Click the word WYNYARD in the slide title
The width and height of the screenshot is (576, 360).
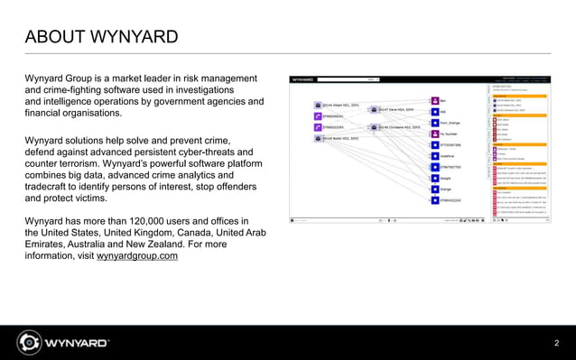(x=134, y=37)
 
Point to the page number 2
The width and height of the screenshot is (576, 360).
(x=556, y=342)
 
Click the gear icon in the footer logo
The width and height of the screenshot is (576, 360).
(x=28, y=343)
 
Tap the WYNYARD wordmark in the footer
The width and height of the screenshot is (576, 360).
(x=77, y=343)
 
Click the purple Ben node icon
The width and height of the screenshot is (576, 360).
(x=434, y=101)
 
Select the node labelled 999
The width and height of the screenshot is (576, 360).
(x=434, y=112)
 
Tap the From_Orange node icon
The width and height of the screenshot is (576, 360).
(x=434, y=123)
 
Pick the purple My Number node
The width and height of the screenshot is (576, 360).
(x=434, y=134)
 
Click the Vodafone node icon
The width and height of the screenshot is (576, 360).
(x=434, y=156)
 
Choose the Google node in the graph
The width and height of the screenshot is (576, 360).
(x=434, y=179)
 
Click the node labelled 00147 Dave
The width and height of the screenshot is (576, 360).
(x=373, y=109)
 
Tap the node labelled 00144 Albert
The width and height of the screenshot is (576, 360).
(x=317, y=106)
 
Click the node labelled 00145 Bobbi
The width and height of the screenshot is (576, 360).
(x=317, y=138)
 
